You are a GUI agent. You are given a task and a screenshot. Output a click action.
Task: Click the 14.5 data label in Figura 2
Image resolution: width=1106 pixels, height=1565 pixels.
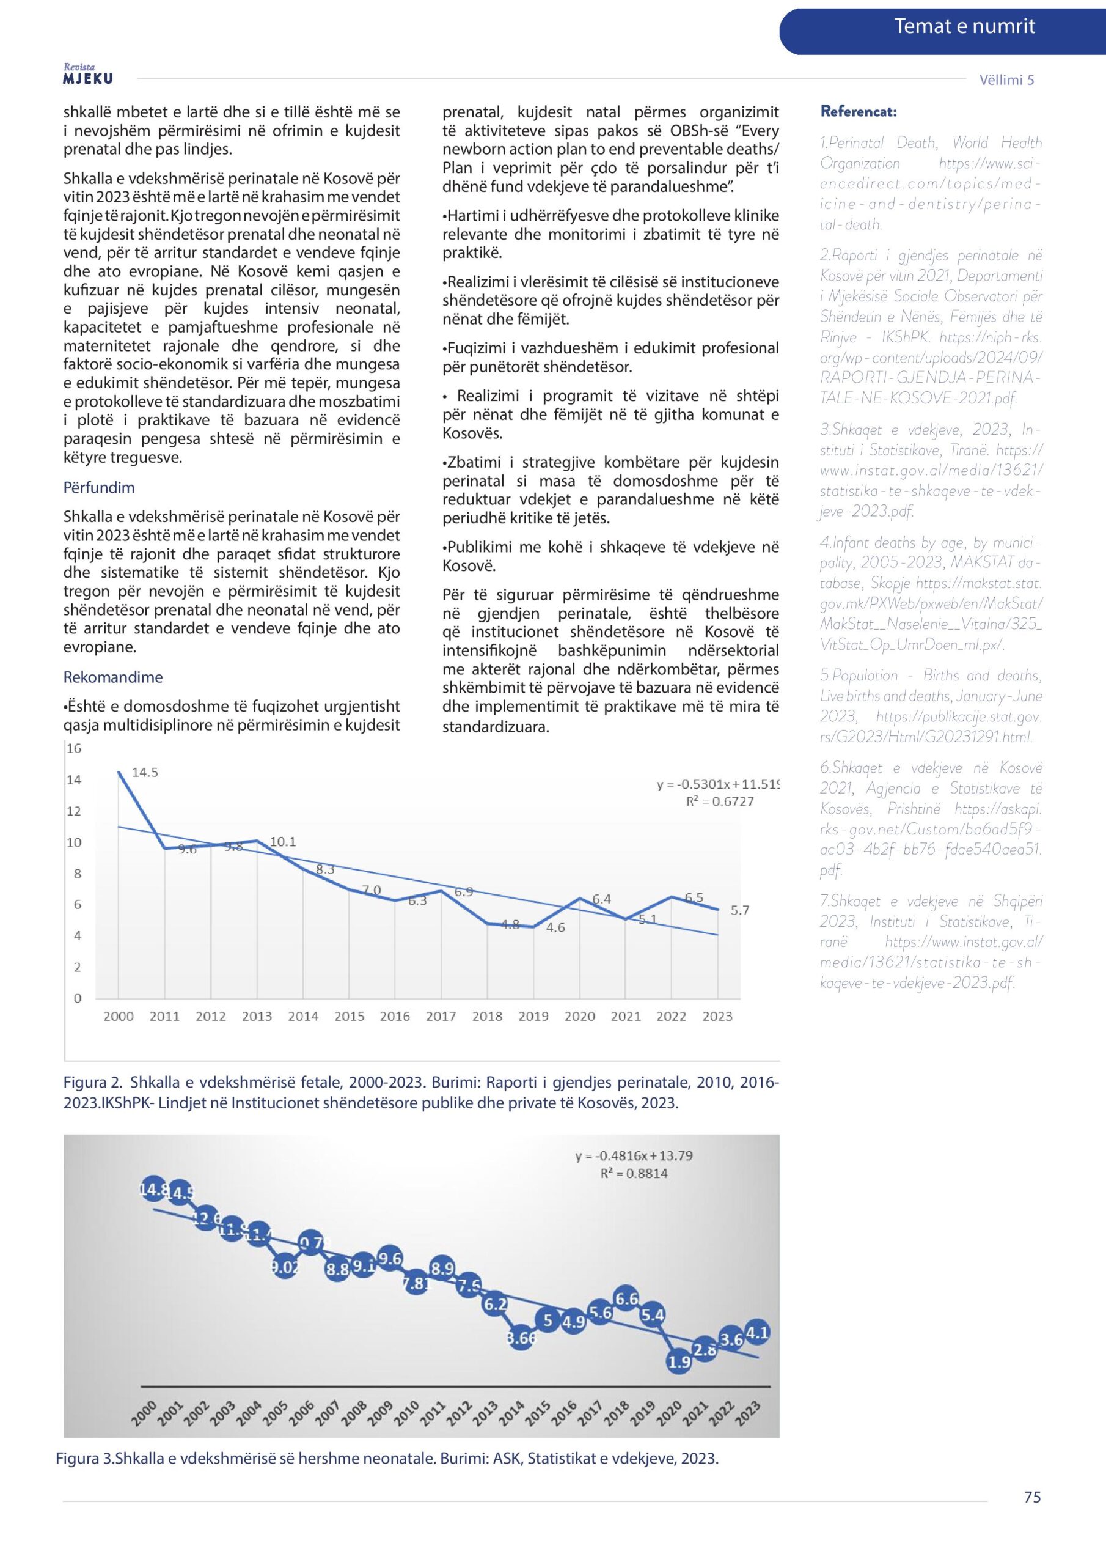pyautogui.click(x=144, y=772)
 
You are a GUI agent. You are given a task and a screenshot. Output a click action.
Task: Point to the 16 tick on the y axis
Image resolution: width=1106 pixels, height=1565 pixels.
pyautogui.click(x=73, y=748)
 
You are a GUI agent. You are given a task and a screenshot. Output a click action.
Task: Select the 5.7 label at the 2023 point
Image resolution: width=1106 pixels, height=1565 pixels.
pyautogui.click(x=740, y=911)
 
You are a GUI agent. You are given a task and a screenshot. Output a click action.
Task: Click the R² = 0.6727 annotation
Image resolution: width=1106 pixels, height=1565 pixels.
pyautogui.click(x=720, y=801)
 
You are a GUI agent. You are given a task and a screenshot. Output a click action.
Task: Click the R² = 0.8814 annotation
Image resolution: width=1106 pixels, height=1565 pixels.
pyautogui.click(x=634, y=1173)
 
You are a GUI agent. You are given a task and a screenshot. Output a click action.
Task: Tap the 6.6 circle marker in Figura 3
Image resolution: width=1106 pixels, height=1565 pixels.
pyautogui.click(x=626, y=1298)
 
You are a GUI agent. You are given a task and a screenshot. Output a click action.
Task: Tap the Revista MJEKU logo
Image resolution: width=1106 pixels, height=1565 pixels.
pyautogui.click(x=88, y=75)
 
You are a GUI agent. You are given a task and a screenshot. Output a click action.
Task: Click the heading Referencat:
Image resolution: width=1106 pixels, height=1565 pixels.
pyautogui.click(x=858, y=112)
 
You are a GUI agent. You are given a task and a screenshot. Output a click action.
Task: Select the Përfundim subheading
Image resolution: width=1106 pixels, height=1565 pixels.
pyautogui.click(x=99, y=488)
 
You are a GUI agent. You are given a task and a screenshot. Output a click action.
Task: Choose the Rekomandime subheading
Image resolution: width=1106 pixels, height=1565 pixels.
pyautogui.click(x=113, y=677)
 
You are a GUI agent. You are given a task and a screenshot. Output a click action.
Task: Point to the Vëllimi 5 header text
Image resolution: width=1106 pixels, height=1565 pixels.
pyautogui.click(x=1006, y=79)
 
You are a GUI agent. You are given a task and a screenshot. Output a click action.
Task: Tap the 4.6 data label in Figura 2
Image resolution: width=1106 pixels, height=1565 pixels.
pyautogui.click(x=555, y=927)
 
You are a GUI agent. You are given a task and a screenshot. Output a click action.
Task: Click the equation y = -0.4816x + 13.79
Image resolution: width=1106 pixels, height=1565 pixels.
pyautogui.click(x=634, y=1155)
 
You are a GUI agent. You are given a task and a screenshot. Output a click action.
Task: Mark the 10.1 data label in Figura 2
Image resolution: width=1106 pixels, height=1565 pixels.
pyautogui.click(x=283, y=842)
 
